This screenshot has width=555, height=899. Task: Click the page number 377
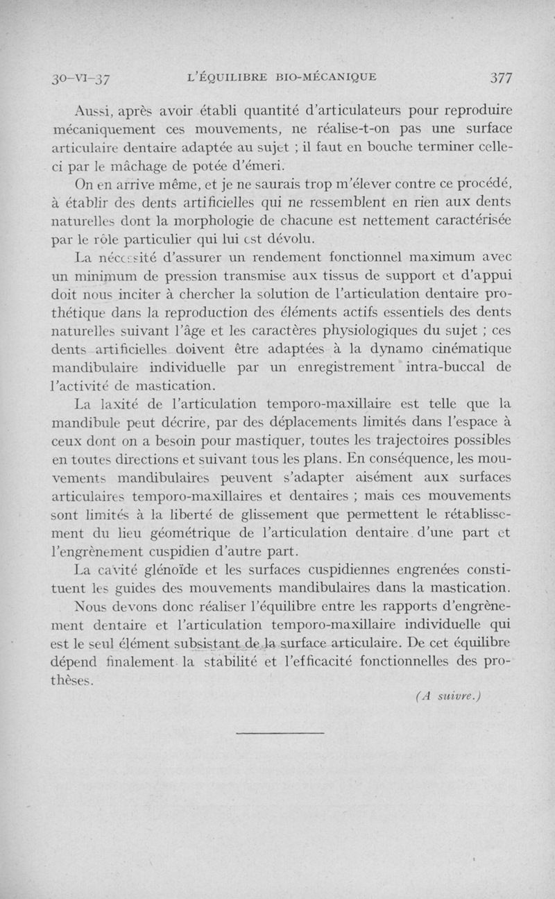point(499,78)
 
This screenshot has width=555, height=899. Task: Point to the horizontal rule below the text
point(280,732)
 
